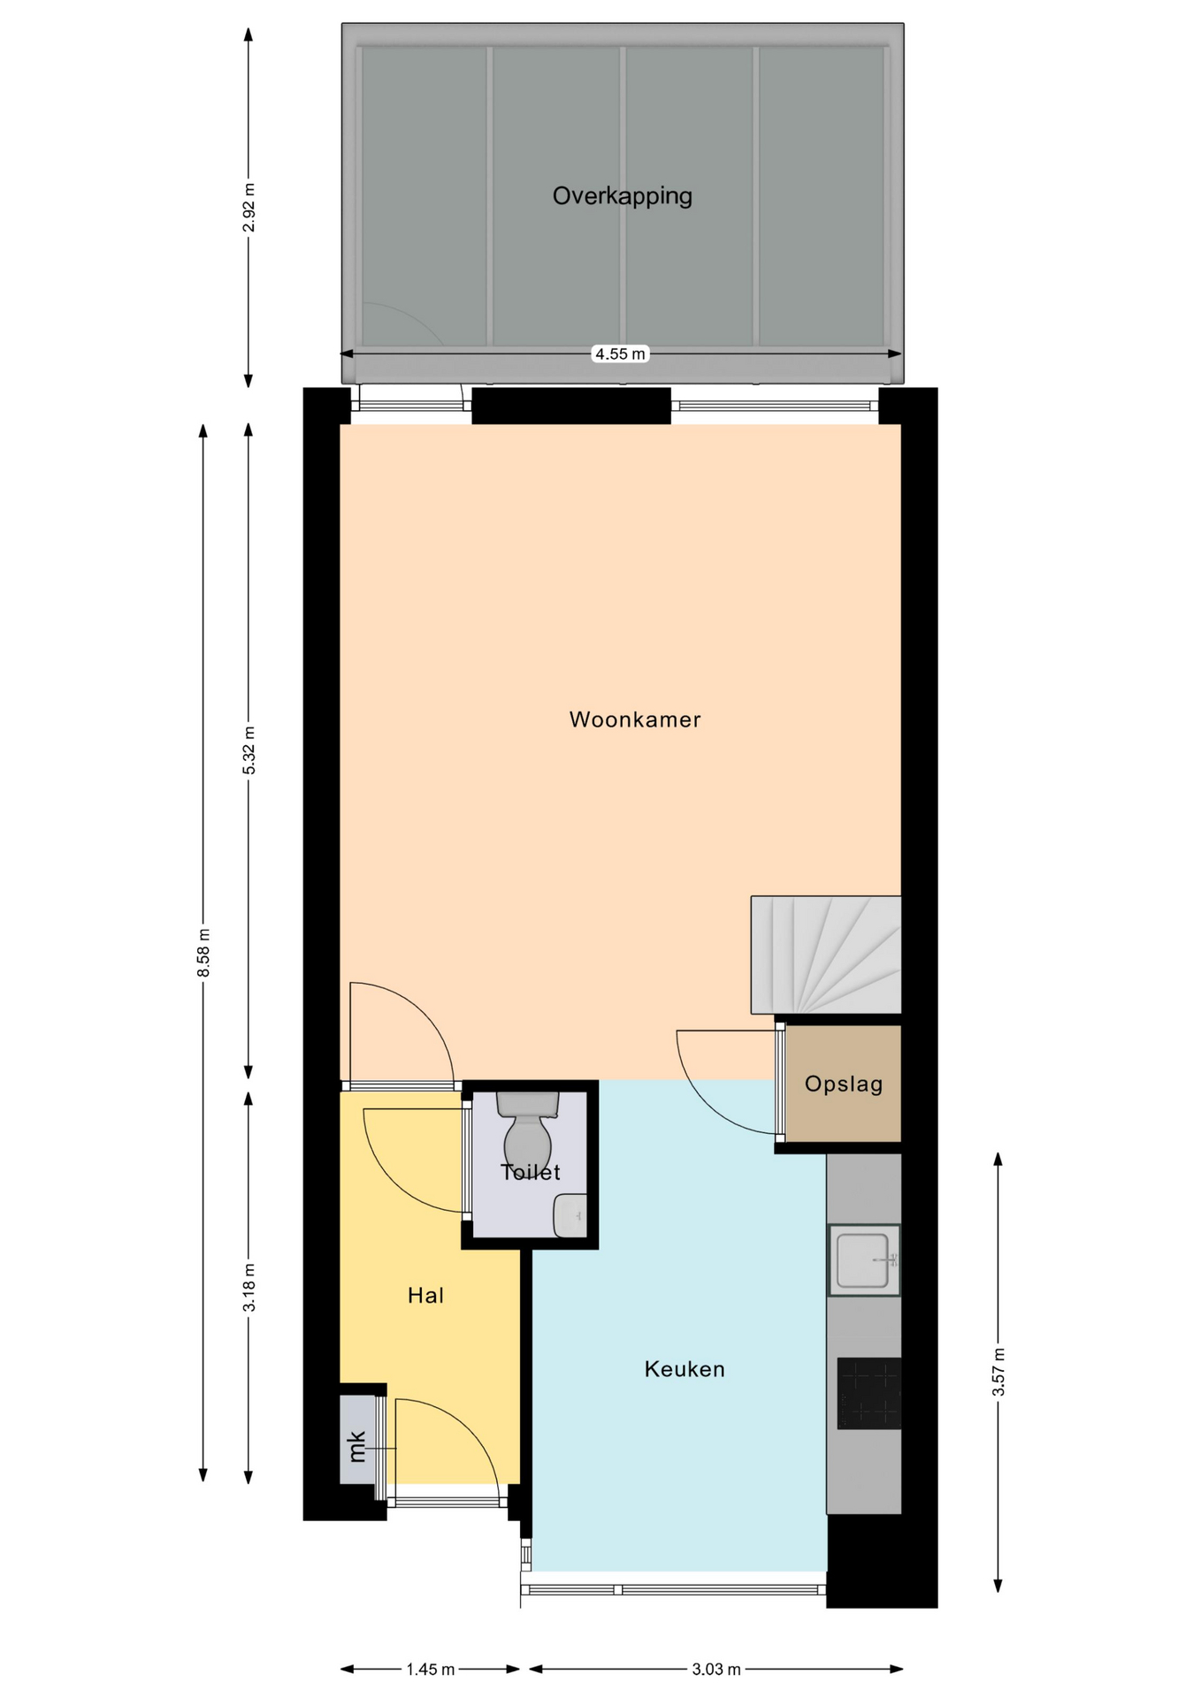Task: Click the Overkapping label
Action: coord(622,196)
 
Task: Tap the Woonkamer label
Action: coord(635,719)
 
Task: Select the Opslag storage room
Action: coord(843,1084)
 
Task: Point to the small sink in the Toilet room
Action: coord(570,1215)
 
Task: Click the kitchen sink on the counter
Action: coord(864,1259)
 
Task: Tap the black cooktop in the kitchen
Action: coord(868,1393)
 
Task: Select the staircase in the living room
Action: coord(826,955)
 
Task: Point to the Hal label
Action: coord(425,1296)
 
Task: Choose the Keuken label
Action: coord(685,1369)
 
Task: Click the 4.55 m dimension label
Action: coord(620,354)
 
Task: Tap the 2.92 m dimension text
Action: coord(249,208)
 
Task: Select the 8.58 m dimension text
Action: coord(204,953)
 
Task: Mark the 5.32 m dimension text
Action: coord(249,750)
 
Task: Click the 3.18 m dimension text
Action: coord(249,1288)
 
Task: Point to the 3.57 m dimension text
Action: coord(998,1372)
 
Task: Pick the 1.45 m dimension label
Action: coord(431,1670)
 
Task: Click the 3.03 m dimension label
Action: coord(716,1670)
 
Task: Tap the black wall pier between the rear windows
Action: coord(571,406)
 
